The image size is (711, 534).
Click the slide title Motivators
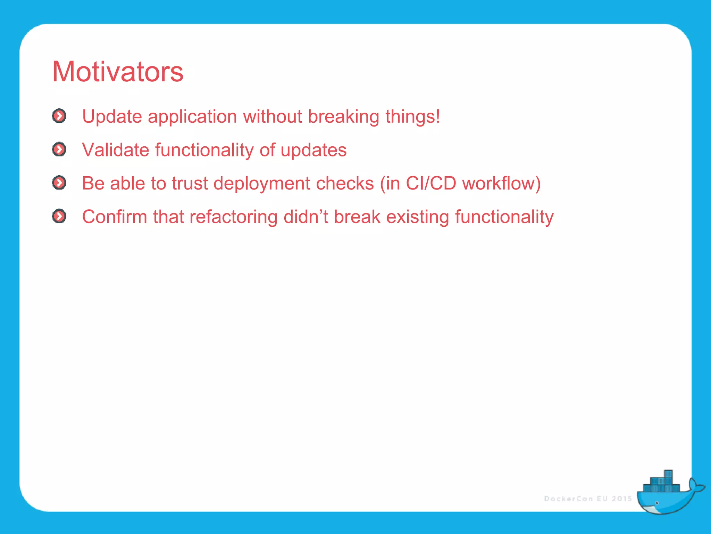click(118, 72)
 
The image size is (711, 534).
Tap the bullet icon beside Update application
click(59, 116)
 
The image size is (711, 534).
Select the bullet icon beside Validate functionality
click(59, 149)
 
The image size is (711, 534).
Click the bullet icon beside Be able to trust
click(59, 183)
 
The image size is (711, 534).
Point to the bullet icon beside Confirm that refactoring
click(59, 216)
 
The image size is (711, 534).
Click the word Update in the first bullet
click(112, 116)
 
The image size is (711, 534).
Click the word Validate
click(116, 150)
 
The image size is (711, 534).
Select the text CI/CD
click(430, 183)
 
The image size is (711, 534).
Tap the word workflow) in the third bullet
click(501, 183)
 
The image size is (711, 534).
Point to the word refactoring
click(233, 217)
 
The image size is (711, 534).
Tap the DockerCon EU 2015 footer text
click(588, 499)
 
